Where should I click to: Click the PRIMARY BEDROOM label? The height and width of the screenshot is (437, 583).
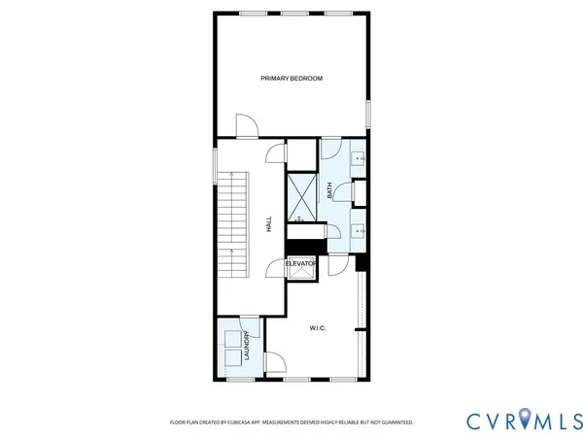[291, 78]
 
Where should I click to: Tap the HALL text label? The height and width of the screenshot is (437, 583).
[269, 223]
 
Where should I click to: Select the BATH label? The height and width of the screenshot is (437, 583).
[330, 191]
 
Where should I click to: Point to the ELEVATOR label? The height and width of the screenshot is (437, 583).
[302, 264]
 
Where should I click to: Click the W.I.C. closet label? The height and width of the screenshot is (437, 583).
[318, 328]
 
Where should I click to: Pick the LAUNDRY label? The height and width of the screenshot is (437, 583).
[249, 346]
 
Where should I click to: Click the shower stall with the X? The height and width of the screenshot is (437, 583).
[301, 195]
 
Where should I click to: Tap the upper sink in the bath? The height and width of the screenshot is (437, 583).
[359, 157]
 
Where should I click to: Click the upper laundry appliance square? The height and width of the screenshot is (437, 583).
[233, 338]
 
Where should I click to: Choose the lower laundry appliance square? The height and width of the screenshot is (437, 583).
[233, 356]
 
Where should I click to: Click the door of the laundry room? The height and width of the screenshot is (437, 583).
[274, 363]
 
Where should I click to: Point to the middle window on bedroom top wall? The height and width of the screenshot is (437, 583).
[291, 13]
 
